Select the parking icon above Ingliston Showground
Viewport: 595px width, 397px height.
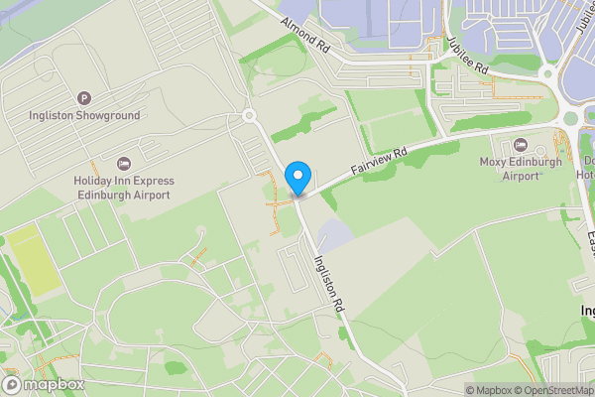[x=84, y=98]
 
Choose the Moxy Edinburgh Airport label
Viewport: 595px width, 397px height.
[x=521, y=169]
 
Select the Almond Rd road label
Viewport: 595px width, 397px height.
[x=304, y=35]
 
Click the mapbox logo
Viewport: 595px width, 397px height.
[x=44, y=384]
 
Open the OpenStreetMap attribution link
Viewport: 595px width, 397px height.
[x=556, y=390]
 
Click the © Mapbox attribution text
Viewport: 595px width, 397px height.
[x=492, y=390]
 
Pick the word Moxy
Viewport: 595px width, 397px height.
[x=496, y=162]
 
